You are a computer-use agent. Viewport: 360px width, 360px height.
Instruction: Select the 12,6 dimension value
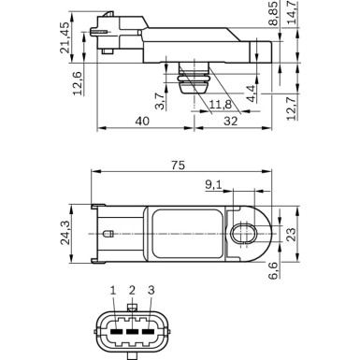[x=78, y=81]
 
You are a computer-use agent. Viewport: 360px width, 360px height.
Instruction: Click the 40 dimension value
[x=140, y=122]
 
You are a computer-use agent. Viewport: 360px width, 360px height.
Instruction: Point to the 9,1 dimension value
[x=213, y=185]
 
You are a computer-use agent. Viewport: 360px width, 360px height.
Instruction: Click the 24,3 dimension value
[x=78, y=232]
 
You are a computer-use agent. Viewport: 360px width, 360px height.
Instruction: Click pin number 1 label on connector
[x=113, y=293]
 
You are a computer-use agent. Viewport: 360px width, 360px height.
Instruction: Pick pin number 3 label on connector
[x=151, y=293]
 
